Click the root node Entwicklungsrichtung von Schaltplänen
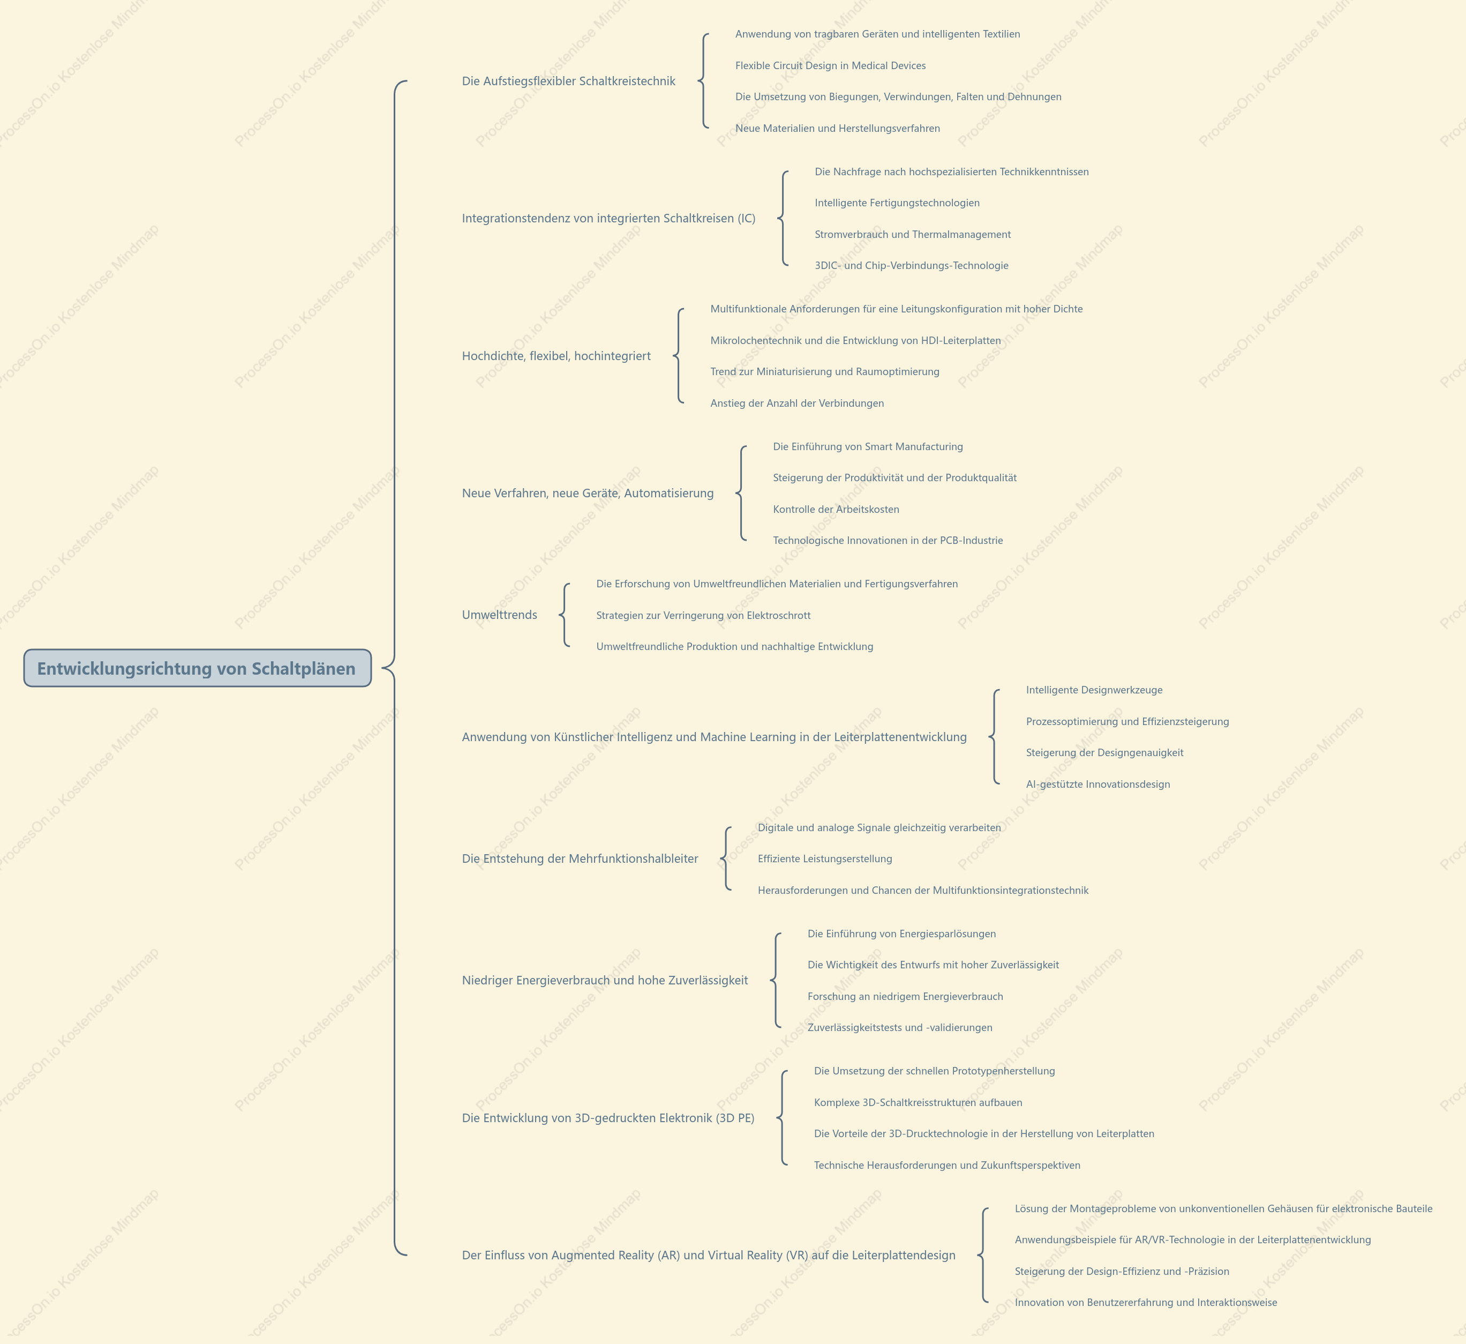pos(197,668)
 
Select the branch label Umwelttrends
pos(500,615)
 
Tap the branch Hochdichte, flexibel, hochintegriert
pos(557,356)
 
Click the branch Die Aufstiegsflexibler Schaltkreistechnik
pos(569,81)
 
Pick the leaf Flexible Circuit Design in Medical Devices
pos(830,65)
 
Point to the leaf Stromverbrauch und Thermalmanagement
pos(913,234)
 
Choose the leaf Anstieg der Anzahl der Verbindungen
pos(797,403)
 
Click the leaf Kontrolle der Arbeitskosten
pos(836,510)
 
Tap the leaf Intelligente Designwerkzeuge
pos(1094,690)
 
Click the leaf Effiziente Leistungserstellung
pos(825,858)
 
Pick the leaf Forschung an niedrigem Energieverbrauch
pos(905,996)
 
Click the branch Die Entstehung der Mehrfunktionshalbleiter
pos(580,858)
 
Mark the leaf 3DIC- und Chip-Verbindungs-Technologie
pos(911,266)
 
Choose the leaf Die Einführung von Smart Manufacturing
pos(868,447)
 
